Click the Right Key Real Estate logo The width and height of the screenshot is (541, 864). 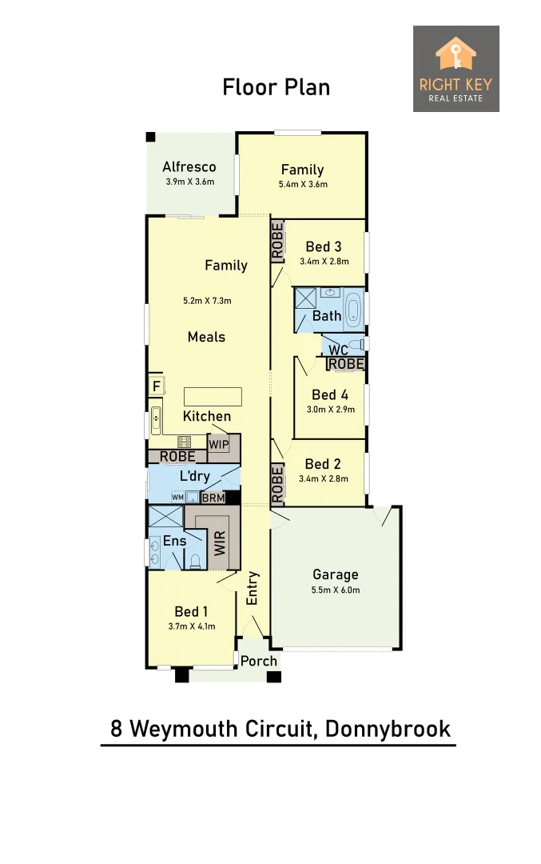pos(455,69)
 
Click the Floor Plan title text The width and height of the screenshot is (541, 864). pos(276,86)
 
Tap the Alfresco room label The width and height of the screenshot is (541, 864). pos(189,167)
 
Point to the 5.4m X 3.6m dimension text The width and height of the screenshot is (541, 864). pos(302,184)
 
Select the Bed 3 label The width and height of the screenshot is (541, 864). pos(324,246)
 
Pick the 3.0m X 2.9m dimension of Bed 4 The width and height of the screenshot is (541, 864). pos(331,410)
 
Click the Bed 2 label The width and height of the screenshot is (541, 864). pos(324,464)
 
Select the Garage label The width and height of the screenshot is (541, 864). pos(336,574)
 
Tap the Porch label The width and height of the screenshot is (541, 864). pos(259,661)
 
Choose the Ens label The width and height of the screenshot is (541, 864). pos(174,541)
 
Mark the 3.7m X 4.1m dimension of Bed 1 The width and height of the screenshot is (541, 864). pos(192,626)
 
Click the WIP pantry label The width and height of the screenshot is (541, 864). pos(219,444)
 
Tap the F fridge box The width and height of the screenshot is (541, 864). pos(157,386)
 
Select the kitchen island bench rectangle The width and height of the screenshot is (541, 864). pos(213,397)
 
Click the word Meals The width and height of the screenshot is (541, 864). pos(206,337)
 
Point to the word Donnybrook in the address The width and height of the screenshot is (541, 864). pos(388,729)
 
